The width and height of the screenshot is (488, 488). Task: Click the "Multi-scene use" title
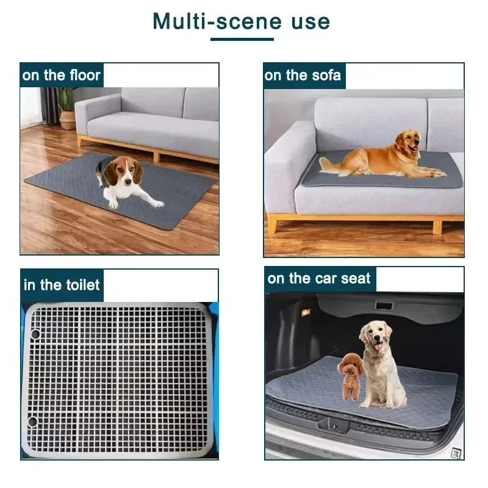pos(242,21)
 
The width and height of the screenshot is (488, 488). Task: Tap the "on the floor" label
pos(61,76)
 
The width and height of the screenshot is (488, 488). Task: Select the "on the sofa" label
pos(303,76)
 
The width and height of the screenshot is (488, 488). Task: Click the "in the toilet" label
pos(62,285)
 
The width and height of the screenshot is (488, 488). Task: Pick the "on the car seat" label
pos(319,279)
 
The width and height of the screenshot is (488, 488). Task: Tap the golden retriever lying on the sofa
pos(390,157)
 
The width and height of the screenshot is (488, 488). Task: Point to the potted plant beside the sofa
pos(67,108)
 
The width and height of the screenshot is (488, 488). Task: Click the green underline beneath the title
pos(242,40)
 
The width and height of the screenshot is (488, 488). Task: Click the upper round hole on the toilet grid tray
pos(35,334)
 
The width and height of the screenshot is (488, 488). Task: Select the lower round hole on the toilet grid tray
pos(32,422)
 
